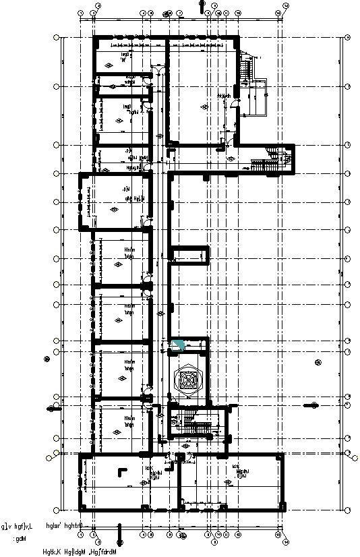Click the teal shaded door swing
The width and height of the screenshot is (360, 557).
179,345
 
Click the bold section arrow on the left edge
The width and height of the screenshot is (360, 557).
53,409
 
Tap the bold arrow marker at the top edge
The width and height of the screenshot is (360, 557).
201,5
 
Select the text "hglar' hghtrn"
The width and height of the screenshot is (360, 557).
63,525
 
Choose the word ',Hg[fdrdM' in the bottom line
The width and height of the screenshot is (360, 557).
112,552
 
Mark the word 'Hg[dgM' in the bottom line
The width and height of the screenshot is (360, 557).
80,552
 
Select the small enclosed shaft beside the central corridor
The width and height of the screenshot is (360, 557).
189,255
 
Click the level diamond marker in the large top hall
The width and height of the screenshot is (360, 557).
203,107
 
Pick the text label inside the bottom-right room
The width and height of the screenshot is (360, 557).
239,471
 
